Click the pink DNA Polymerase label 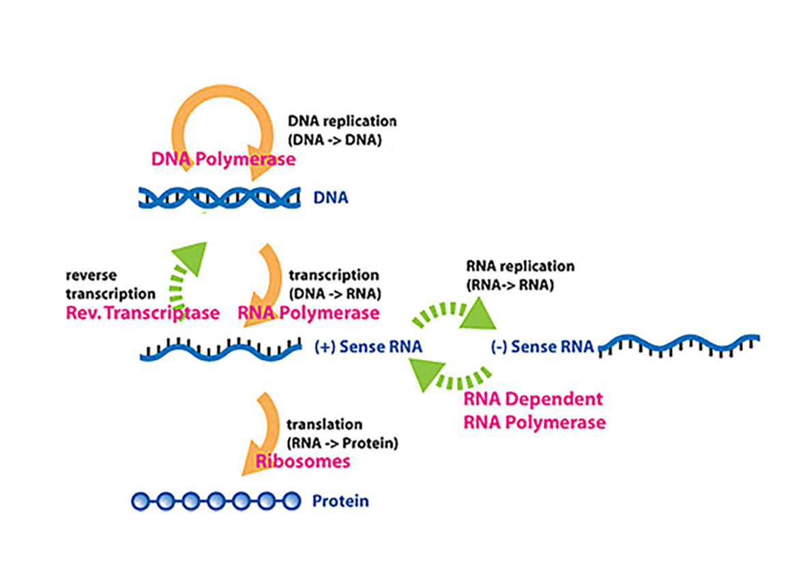(223, 159)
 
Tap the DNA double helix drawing (220, 197)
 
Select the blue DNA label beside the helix (331, 197)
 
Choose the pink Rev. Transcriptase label (143, 313)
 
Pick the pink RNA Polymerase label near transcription (308, 313)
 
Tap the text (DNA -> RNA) (335, 294)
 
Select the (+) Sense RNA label (368, 347)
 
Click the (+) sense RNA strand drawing (221, 349)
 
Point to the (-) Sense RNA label (542, 347)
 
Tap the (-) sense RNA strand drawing (679, 346)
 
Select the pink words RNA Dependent (533, 399)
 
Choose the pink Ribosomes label (303, 461)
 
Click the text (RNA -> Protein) (342, 443)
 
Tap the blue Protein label (340, 501)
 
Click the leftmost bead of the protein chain (141, 501)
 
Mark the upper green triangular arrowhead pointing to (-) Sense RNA (478, 314)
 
